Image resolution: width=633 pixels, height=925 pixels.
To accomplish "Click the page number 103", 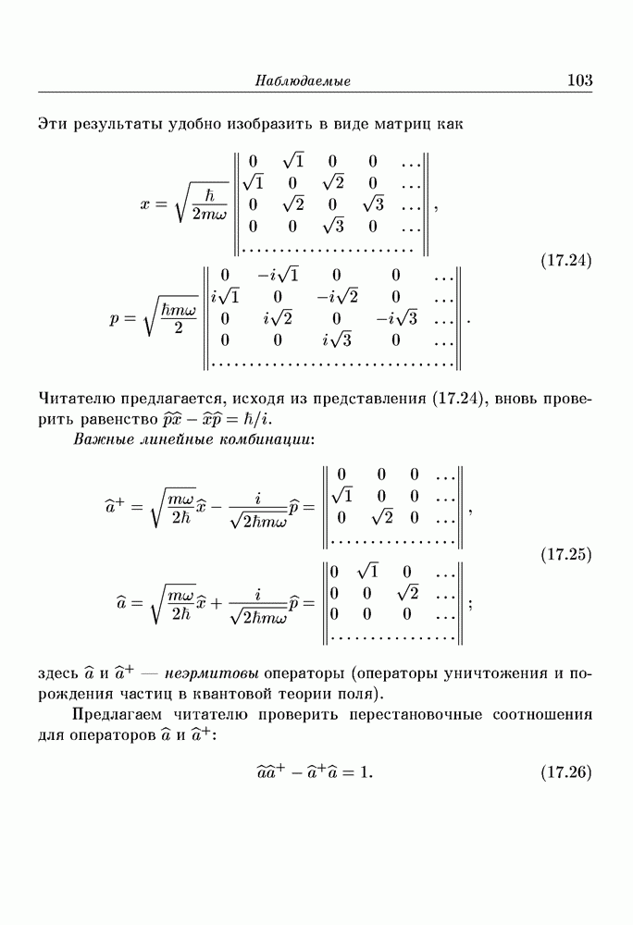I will point(579,81).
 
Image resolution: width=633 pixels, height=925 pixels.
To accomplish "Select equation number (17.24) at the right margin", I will point(565,260).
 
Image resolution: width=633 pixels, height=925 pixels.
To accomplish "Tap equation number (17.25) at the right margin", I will point(565,556).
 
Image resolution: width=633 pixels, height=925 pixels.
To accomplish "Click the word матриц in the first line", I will point(394,123).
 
